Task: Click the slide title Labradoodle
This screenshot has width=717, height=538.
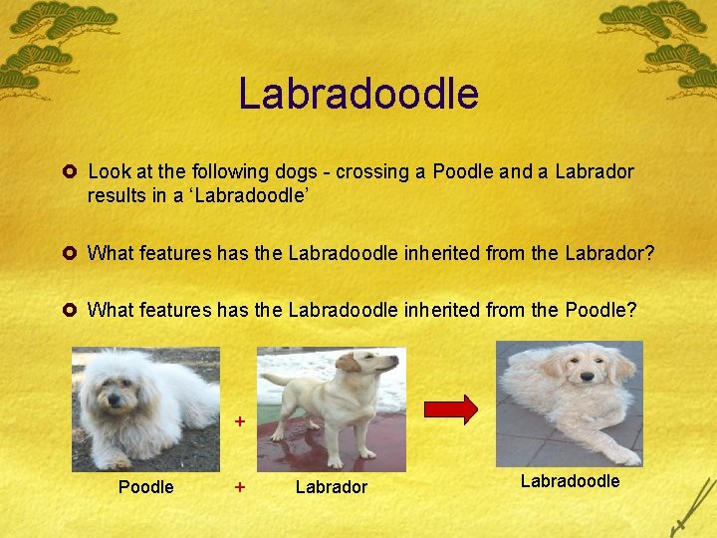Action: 358,94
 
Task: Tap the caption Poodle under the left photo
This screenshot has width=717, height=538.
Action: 145,487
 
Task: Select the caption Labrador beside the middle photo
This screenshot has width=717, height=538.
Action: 332,487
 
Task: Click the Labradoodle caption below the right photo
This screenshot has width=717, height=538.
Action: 570,481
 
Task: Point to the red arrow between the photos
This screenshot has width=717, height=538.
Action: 451,408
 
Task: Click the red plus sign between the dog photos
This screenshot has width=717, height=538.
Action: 239,421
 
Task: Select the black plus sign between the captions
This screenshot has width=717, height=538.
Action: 239,487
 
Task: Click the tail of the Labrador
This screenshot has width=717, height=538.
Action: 277,381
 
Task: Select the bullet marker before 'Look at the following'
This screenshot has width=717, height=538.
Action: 74,171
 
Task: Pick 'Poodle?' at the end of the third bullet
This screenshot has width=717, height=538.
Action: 600,310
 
